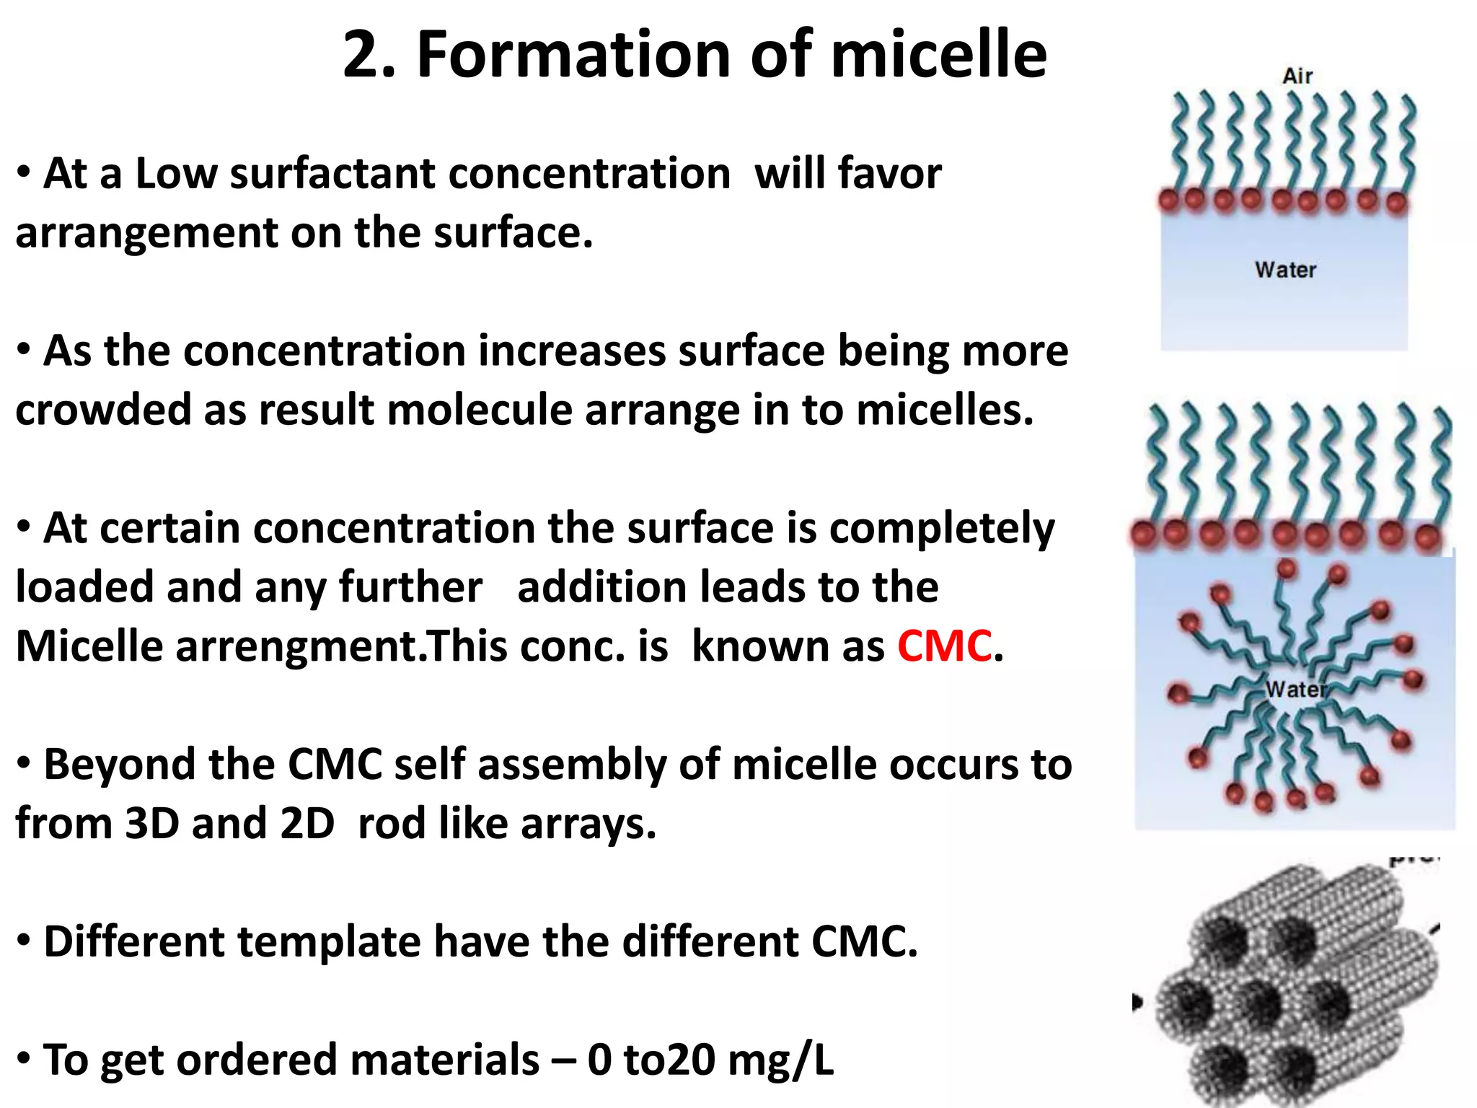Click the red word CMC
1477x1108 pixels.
click(944, 646)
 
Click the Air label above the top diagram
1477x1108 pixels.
click(1297, 76)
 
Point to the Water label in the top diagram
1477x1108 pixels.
click(1285, 270)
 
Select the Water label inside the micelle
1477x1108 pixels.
click(1295, 690)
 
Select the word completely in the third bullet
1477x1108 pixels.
click(941, 528)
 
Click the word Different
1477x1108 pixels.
click(133, 942)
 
